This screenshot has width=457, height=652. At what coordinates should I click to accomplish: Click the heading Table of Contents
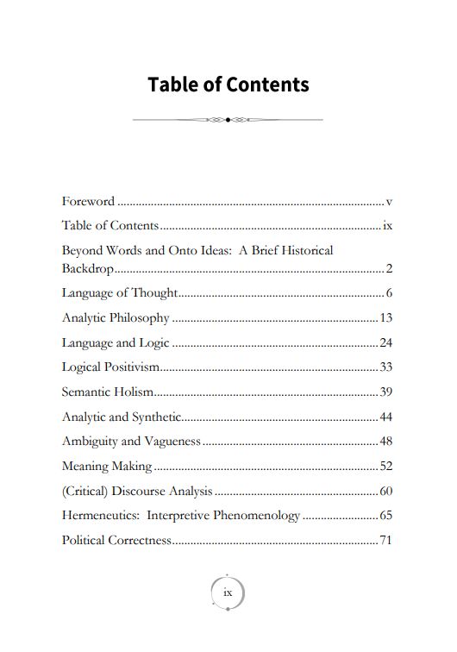[228, 85]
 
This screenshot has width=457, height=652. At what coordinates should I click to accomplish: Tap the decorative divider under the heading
[228, 120]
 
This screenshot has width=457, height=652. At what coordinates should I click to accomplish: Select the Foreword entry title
[88, 202]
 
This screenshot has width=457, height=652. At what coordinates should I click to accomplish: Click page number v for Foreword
[390, 202]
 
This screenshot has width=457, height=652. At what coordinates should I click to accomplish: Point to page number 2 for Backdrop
[390, 268]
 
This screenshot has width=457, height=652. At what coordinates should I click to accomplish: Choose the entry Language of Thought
[120, 292]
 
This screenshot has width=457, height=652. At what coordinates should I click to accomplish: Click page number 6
[390, 292]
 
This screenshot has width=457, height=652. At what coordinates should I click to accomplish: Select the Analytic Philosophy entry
[116, 317]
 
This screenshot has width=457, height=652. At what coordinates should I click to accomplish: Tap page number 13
[386, 317]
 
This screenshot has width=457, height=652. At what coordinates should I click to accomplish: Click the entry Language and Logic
[116, 342]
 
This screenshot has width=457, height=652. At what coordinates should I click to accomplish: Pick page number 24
[386, 342]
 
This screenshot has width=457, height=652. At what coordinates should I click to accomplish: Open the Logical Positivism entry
[111, 367]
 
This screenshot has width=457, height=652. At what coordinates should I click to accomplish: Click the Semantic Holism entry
[108, 392]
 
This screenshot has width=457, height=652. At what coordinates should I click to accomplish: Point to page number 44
[386, 417]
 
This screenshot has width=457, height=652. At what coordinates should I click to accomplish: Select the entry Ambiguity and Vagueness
[131, 442]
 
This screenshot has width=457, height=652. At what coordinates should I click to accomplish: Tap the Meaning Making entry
[107, 467]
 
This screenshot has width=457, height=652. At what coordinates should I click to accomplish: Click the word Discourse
[141, 492]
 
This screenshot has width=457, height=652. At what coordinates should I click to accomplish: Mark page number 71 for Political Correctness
[386, 542]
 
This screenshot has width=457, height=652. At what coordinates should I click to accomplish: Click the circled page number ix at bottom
[228, 592]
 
